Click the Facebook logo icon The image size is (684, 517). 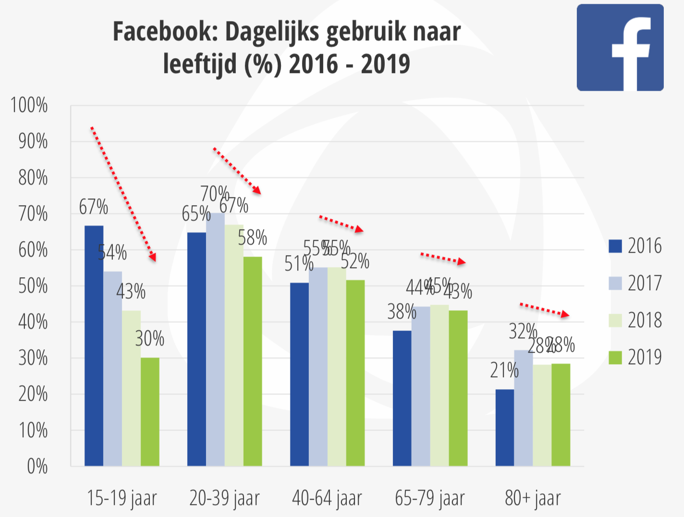pyautogui.click(x=620, y=48)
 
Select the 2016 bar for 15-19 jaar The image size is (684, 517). pyautogui.click(x=94, y=346)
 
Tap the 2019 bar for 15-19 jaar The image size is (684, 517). pyautogui.click(x=150, y=412)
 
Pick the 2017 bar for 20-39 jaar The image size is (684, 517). pyautogui.click(x=215, y=339)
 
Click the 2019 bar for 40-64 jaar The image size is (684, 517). pyautogui.click(x=355, y=373)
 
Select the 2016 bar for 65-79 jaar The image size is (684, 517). pyautogui.click(x=402, y=398)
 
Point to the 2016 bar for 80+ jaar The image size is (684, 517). pyautogui.click(x=504, y=428)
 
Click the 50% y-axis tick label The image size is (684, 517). pyautogui.click(x=33, y=286)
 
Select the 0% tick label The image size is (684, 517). pyautogui.click(x=37, y=467)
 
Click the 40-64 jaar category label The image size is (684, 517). pyautogui.click(x=327, y=498)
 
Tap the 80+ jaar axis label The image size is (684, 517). pyautogui.click(x=533, y=498)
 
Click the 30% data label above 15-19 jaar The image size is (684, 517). pyautogui.click(x=150, y=339)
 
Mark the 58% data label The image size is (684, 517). pyautogui.click(x=253, y=238)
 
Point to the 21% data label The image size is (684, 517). pyautogui.click(x=504, y=370)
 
